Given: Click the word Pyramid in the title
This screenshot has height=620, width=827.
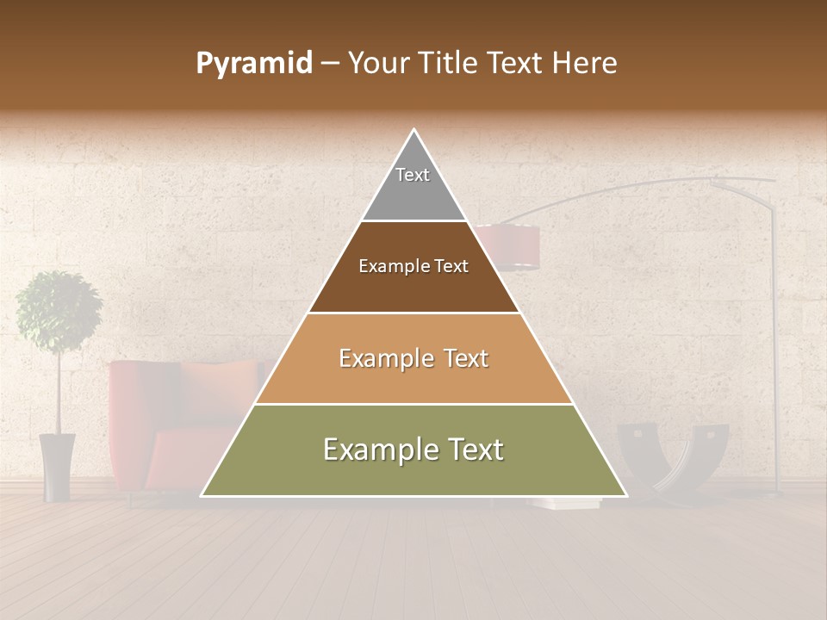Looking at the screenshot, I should (x=253, y=64).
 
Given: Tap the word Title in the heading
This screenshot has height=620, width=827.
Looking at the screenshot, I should (x=451, y=64).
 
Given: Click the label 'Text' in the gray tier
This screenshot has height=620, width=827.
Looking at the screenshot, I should (x=413, y=175).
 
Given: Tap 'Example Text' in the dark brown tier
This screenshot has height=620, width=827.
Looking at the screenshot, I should (x=413, y=266).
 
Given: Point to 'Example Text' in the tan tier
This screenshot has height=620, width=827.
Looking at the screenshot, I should (x=413, y=358).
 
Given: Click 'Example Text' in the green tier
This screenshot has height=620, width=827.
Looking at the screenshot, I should (x=413, y=449).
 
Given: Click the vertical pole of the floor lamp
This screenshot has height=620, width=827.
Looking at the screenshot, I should (x=775, y=344).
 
